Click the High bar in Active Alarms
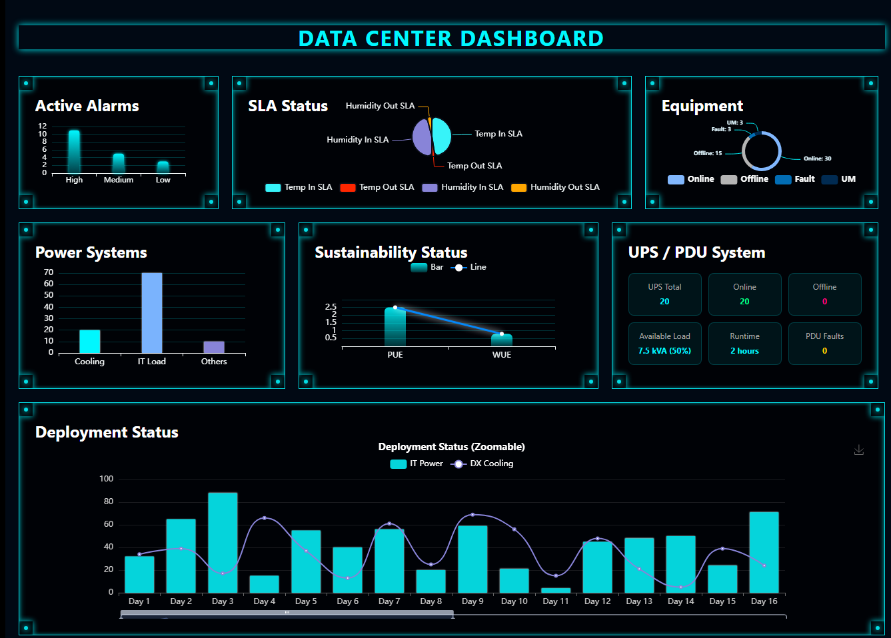[74, 152]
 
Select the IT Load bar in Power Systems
[152, 313]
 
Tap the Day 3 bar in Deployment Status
[223, 543]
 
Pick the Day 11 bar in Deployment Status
[556, 590]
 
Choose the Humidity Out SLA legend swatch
[518, 188]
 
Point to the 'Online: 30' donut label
[817, 159]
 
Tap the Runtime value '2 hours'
[744, 351]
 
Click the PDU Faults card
[824, 344]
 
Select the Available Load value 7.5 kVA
[664, 351]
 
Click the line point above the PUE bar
[395, 308]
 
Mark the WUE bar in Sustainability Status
[502, 340]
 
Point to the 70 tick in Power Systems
[49, 272]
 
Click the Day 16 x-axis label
[764, 601]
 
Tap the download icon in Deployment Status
[859, 450]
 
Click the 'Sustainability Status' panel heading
[391, 252]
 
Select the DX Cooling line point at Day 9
[472, 515]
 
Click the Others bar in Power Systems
[214, 347]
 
